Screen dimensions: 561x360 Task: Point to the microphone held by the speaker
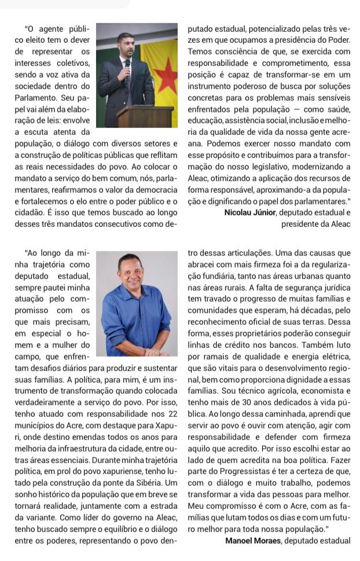128,62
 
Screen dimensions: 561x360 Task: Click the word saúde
339,109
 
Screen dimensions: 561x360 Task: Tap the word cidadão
30,212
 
